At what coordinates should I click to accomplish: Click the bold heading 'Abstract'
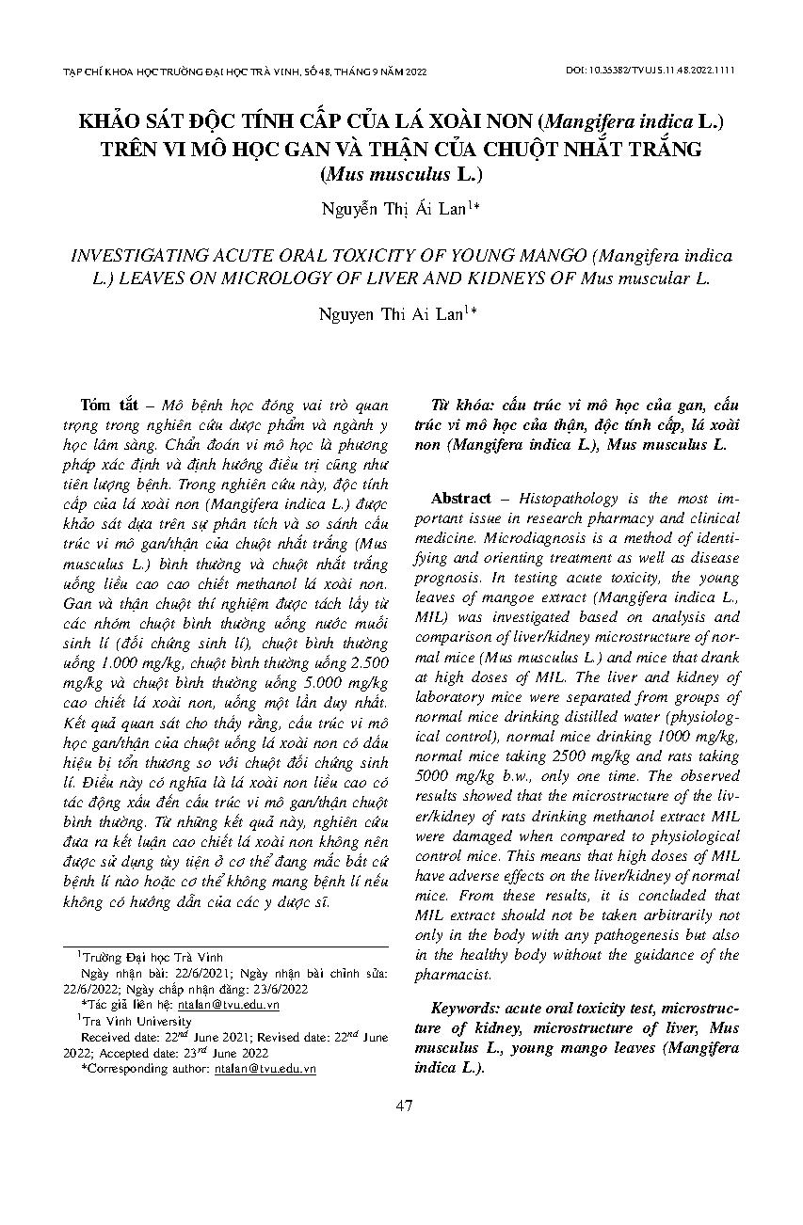pyautogui.click(x=461, y=499)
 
